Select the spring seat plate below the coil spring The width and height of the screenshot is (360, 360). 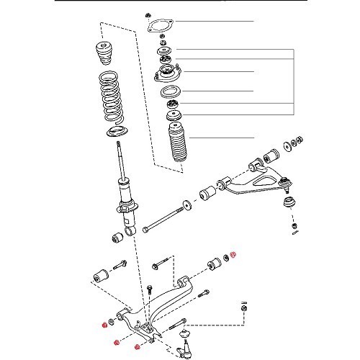click(114, 132)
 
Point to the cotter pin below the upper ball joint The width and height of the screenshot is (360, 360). click(296, 230)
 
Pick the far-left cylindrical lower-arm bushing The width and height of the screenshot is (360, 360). click(101, 275)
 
